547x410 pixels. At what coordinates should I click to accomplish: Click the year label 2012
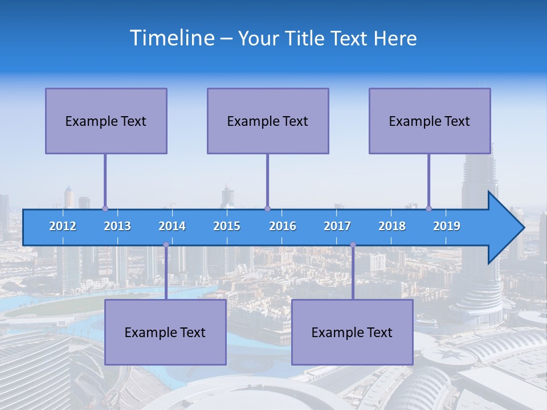click(63, 226)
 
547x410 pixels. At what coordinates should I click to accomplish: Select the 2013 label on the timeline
click(117, 226)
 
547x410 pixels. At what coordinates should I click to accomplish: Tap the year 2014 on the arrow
click(172, 226)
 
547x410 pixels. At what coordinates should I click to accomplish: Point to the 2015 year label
click(227, 226)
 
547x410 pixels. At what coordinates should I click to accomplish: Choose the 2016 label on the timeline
click(283, 226)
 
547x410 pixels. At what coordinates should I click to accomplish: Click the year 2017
click(337, 226)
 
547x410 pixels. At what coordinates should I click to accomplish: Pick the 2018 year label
click(392, 226)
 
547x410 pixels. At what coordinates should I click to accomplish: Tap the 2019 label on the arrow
click(447, 226)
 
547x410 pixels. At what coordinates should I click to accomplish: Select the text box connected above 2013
click(106, 121)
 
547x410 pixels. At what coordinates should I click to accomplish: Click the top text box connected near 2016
click(268, 121)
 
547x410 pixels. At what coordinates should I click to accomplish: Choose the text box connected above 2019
click(430, 121)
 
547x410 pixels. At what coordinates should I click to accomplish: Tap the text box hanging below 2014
click(165, 332)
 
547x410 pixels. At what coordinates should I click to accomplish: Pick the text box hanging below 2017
click(352, 332)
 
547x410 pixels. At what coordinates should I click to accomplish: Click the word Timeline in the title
click(171, 38)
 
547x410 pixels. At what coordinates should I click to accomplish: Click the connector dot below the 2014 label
click(166, 245)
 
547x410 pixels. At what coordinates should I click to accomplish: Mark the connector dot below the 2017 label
click(353, 245)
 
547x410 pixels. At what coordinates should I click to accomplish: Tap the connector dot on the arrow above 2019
click(429, 208)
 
